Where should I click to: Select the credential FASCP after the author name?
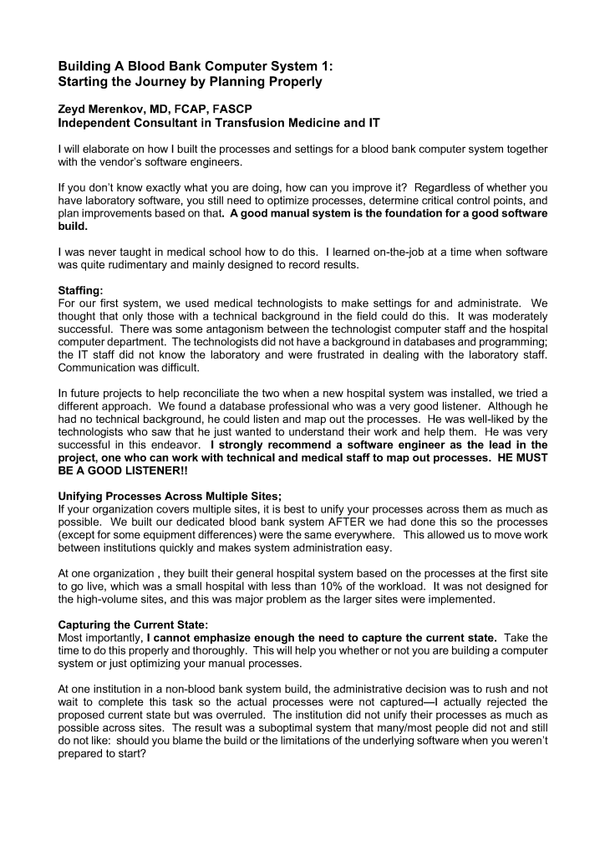coord(240,109)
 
